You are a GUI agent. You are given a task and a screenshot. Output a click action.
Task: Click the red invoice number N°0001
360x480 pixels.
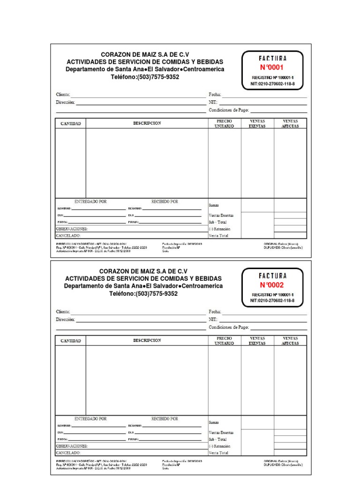272,67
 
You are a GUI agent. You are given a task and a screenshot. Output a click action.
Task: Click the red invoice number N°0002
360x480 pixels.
272,285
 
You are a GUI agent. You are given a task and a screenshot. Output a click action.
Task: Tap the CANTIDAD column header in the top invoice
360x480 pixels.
71,124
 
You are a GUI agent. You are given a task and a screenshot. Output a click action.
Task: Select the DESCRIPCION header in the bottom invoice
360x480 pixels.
147,340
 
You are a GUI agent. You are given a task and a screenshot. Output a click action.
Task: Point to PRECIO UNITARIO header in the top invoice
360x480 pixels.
224,124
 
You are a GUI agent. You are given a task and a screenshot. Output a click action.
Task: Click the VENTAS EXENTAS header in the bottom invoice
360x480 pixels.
257,341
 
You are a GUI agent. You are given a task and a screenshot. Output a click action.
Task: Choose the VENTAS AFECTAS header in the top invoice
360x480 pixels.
290,124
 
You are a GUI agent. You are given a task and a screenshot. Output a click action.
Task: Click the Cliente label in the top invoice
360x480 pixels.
63,95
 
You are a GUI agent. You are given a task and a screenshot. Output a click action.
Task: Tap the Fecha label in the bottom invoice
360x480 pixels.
215,312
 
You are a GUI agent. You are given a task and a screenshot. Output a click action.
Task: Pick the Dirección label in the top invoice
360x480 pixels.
65,102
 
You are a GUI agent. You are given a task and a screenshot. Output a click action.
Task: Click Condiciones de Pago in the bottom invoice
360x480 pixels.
229,328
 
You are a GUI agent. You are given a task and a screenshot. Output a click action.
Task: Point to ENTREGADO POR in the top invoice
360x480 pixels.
90,202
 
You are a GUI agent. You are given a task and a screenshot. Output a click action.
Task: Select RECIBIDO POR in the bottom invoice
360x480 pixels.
165,418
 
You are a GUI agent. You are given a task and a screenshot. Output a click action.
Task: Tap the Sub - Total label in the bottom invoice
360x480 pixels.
218,439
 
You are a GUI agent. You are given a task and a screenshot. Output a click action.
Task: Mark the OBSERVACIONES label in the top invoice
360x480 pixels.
72,229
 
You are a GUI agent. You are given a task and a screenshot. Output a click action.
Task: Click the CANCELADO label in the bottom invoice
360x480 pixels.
68,453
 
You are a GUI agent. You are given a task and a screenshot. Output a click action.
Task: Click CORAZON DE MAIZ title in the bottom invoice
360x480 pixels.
143,271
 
